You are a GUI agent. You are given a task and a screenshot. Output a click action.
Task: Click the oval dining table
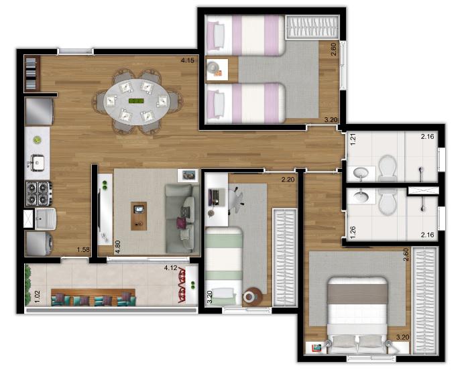click(x=136, y=102)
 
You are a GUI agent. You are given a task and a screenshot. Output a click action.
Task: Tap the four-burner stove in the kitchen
click(x=38, y=194)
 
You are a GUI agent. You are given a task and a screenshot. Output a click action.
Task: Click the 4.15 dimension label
click(x=188, y=60)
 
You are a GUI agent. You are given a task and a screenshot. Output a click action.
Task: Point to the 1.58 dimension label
click(x=83, y=249)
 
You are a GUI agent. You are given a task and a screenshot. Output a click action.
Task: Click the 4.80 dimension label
click(x=118, y=247)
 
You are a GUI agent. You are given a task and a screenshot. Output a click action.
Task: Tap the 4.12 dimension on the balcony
click(x=170, y=268)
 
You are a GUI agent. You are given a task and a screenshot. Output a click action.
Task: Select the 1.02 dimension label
click(x=38, y=296)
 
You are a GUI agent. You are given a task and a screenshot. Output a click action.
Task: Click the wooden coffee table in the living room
click(x=139, y=216)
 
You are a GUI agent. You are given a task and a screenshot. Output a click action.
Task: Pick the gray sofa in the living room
click(x=182, y=219)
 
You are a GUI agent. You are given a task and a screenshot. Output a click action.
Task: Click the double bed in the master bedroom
click(x=357, y=316)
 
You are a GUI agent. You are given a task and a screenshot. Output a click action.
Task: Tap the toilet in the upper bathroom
click(x=388, y=168)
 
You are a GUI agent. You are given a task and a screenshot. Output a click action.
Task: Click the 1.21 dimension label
click(x=353, y=139)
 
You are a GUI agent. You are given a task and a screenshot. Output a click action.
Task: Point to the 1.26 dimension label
click(x=353, y=233)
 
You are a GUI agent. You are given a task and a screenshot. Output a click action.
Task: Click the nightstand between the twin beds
click(x=217, y=70)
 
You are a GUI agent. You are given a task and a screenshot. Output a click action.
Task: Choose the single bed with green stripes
click(x=224, y=266)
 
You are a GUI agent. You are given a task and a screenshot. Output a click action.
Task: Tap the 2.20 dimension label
click(x=288, y=180)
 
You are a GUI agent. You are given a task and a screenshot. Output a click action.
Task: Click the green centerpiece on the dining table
click(x=136, y=101)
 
